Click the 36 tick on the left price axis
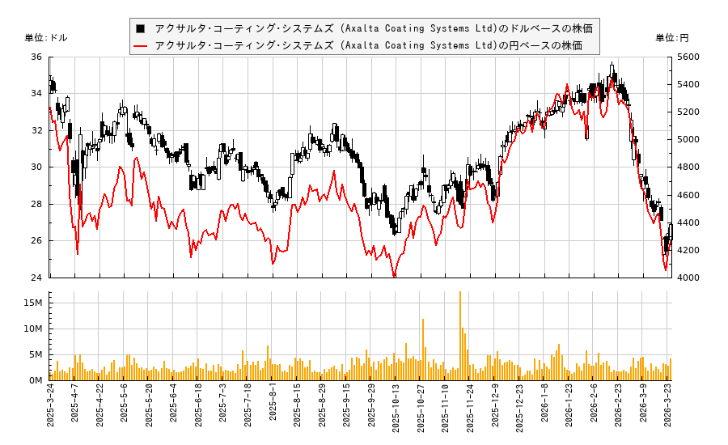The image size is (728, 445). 37,57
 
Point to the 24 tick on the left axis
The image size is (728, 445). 37,278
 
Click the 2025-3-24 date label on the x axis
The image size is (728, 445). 50,408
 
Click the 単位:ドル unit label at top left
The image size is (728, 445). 47,38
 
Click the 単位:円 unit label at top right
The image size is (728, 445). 671,38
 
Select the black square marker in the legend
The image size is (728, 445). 141,28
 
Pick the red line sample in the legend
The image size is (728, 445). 141,46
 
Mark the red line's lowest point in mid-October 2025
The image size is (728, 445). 394,276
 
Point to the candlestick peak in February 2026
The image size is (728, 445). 612,65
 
